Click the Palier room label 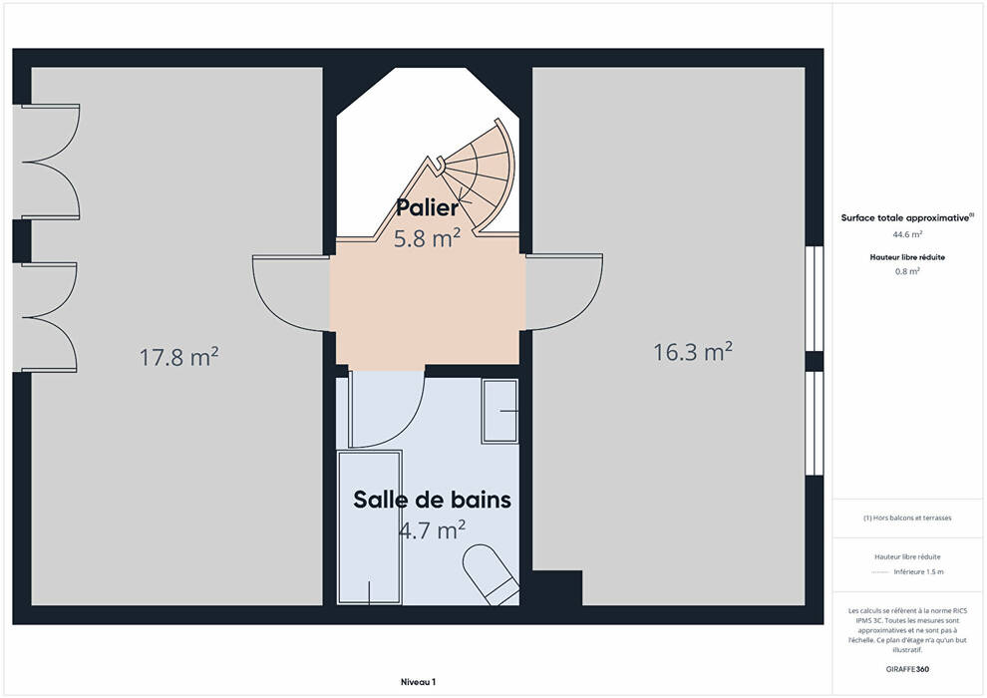click(x=427, y=207)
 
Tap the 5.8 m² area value click(x=427, y=238)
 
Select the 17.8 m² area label click(x=178, y=357)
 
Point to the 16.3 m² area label click(x=693, y=352)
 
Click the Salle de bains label click(x=432, y=500)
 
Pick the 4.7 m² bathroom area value click(x=432, y=529)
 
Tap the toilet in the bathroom click(x=492, y=574)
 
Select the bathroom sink click(x=500, y=411)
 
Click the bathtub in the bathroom click(x=370, y=527)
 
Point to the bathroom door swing click(x=387, y=409)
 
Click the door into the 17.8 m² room click(x=291, y=293)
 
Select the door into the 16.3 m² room click(x=564, y=292)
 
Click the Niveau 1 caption click(x=418, y=682)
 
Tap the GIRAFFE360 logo click(x=907, y=669)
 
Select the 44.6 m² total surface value click(x=907, y=234)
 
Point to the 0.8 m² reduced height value click(x=907, y=271)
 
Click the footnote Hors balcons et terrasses click(x=907, y=518)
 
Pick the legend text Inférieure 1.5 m click(x=918, y=572)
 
